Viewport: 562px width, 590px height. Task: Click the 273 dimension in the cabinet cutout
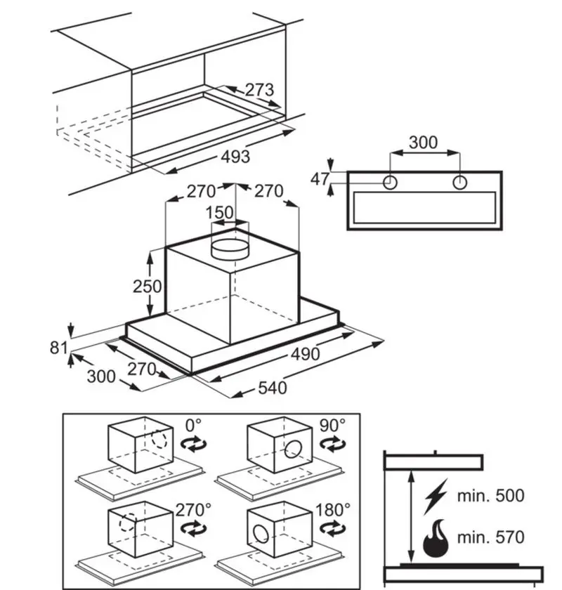(259, 90)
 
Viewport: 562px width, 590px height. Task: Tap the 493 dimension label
(235, 157)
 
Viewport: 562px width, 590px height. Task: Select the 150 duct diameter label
(219, 213)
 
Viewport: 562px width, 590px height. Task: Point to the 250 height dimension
(148, 287)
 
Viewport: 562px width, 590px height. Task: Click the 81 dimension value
(59, 348)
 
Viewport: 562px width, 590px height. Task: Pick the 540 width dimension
(273, 388)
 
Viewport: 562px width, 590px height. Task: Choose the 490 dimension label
(306, 354)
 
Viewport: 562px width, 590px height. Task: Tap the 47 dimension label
(320, 179)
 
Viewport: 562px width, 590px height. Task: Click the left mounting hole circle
(390, 183)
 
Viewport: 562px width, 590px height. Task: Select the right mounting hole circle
(459, 183)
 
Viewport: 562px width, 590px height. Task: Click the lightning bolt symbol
(436, 497)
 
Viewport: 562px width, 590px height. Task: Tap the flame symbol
(436, 539)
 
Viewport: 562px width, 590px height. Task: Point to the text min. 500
(490, 496)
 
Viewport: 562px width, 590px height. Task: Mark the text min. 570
(490, 537)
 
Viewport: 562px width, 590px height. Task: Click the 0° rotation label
(193, 426)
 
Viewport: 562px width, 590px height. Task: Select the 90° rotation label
(332, 426)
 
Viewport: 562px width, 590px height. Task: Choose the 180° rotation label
(333, 510)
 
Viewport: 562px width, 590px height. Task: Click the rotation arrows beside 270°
(193, 529)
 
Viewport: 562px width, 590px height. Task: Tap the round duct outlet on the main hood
(230, 249)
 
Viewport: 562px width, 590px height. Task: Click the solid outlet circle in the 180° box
(260, 535)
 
